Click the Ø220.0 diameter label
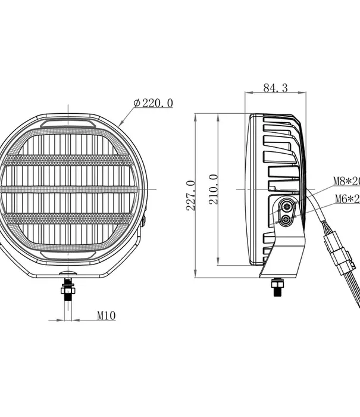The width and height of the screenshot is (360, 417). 154,103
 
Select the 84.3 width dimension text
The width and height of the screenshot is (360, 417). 275,88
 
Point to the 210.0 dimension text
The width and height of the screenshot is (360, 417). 214,189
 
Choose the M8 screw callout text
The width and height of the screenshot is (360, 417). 346,181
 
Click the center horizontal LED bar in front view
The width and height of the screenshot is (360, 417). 70,189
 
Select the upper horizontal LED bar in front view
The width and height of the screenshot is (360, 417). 70,160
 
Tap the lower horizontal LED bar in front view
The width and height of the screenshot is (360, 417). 70,218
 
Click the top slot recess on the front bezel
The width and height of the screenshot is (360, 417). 67,122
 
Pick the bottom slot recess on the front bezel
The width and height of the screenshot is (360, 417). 67,256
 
